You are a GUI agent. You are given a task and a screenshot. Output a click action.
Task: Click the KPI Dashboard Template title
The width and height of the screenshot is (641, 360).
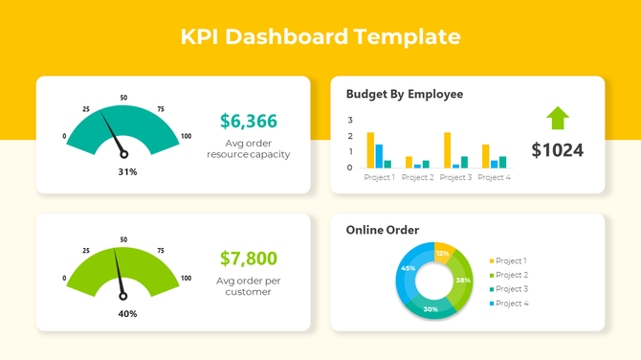[320, 37]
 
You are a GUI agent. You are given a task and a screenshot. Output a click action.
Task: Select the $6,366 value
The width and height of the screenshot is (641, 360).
[249, 122]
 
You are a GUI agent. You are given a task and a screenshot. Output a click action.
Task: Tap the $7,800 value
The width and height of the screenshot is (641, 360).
[249, 259]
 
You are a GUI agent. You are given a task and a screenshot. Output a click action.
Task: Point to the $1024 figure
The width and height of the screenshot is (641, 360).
[557, 150]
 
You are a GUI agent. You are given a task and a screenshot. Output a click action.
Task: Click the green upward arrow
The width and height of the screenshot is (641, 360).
[558, 118]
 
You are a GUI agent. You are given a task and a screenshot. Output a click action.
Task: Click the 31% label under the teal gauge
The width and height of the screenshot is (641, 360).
[127, 172]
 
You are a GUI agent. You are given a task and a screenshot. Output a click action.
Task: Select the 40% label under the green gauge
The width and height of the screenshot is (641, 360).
[127, 313]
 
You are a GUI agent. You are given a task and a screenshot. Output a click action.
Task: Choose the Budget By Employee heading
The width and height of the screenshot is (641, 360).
[404, 95]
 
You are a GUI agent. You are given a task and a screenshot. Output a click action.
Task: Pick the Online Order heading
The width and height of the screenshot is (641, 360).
[382, 230]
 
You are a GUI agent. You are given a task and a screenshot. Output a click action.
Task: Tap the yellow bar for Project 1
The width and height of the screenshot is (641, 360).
[370, 150]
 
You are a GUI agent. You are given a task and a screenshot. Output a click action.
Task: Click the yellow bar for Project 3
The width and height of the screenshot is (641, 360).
[447, 150]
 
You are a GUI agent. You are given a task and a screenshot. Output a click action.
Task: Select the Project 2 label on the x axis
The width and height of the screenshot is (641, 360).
[418, 178]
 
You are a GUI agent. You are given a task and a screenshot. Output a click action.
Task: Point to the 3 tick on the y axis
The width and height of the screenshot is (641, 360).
[350, 121]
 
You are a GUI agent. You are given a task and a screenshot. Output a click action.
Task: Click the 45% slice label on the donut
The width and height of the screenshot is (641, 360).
[409, 268]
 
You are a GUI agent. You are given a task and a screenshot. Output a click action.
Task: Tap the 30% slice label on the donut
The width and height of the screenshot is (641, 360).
[431, 309]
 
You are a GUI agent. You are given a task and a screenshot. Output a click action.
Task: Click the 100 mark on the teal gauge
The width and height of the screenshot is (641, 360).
[186, 136]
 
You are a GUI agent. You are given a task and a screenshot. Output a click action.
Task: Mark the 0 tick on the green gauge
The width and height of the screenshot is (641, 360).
[65, 279]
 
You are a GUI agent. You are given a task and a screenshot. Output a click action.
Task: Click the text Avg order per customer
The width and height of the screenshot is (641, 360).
[249, 286]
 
